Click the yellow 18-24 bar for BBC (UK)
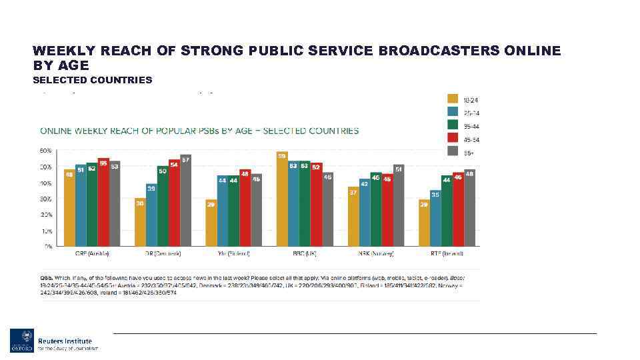tap(282, 200)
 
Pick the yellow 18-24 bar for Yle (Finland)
tap(211, 223)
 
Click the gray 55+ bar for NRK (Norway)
tap(399, 206)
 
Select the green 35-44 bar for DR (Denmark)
tap(162, 207)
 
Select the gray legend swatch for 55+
tap(453, 151)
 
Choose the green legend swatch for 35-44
tap(453, 125)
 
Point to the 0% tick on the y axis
tap(49, 247)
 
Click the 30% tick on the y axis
tap(49, 199)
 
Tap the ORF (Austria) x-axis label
tap(92, 254)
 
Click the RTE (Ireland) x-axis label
tap(447, 254)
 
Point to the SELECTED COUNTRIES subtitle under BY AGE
tap(93, 80)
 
